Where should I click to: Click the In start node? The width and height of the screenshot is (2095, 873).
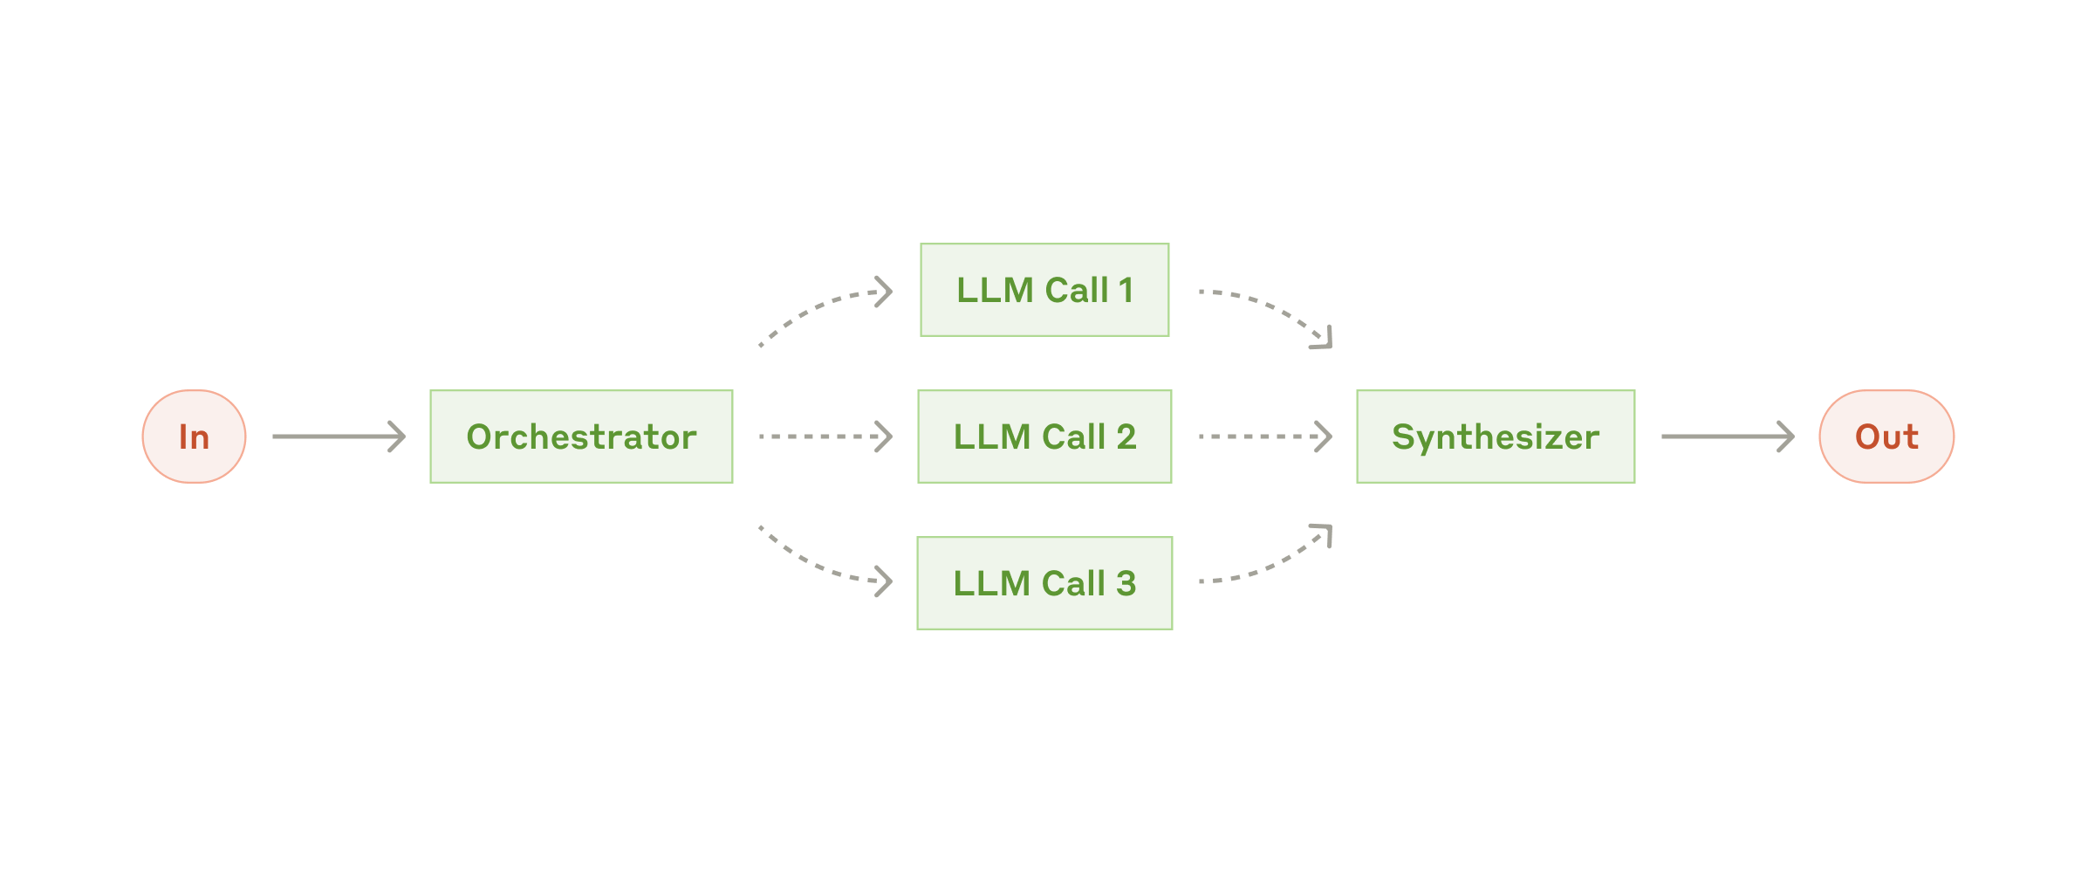194,436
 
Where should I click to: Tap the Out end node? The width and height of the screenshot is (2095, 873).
1886,436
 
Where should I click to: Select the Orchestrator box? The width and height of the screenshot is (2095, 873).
581,436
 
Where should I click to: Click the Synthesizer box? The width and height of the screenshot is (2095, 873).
1495,436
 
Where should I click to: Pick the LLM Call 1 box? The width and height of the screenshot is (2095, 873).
1044,290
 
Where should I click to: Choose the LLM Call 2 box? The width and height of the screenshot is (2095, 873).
1044,436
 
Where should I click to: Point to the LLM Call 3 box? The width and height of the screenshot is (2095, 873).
1044,583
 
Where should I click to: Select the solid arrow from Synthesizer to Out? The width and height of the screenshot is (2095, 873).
1727,436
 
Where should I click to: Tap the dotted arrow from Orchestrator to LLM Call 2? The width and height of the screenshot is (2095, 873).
825,436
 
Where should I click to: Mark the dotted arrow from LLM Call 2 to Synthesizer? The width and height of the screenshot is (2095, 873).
1264,436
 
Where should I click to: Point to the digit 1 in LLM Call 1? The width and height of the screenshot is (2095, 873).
1126,290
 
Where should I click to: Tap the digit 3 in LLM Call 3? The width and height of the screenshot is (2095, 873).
1126,583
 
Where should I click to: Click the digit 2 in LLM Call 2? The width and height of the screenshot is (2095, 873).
1126,436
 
